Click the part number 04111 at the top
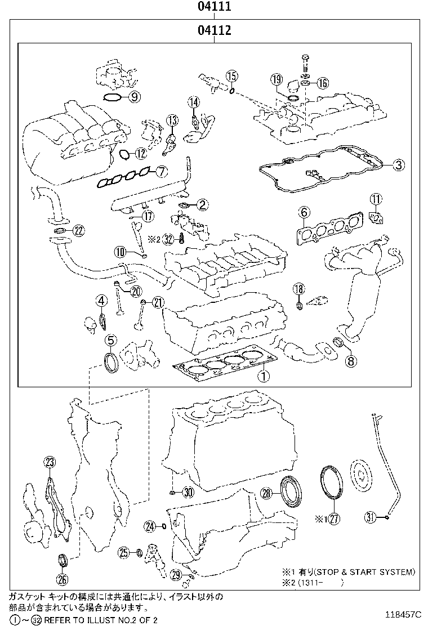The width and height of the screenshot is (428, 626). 214,7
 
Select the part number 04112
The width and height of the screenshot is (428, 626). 214,30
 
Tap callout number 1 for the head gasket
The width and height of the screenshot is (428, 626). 263,374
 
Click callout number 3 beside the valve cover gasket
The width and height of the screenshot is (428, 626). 398,165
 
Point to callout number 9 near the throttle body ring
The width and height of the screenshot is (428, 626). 133,97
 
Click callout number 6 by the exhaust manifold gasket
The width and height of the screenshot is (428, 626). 304,212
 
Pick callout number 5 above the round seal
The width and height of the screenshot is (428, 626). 110,340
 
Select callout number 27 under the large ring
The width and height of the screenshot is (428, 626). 334,518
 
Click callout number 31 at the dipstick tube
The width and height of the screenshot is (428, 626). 369,516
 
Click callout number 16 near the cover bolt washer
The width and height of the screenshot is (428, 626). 322,83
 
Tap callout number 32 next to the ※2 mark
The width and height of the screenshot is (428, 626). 168,239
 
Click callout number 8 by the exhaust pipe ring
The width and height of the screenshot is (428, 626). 350,361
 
